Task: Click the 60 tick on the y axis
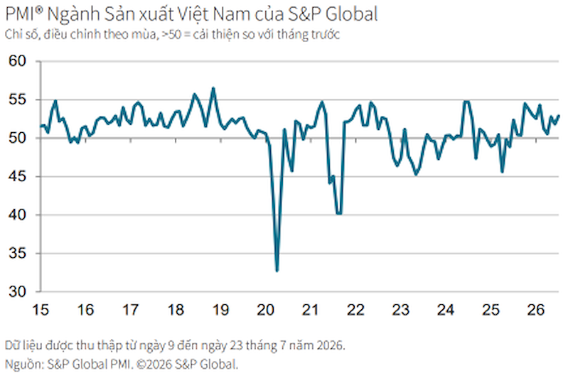click(x=18, y=61)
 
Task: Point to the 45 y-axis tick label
click(x=18, y=176)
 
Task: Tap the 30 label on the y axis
click(x=18, y=291)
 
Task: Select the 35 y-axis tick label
click(x=18, y=253)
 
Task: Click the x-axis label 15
click(x=41, y=310)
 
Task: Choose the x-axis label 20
click(x=266, y=310)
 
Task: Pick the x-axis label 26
click(x=536, y=310)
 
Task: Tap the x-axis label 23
click(x=401, y=310)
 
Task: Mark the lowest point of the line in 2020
click(x=277, y=271)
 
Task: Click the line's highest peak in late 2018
click(x=213, y=88)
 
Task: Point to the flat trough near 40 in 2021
click(x=339, y=214)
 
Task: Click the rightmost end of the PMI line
click(x=559, y=116)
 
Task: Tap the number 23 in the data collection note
click(x=236, y=345)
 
